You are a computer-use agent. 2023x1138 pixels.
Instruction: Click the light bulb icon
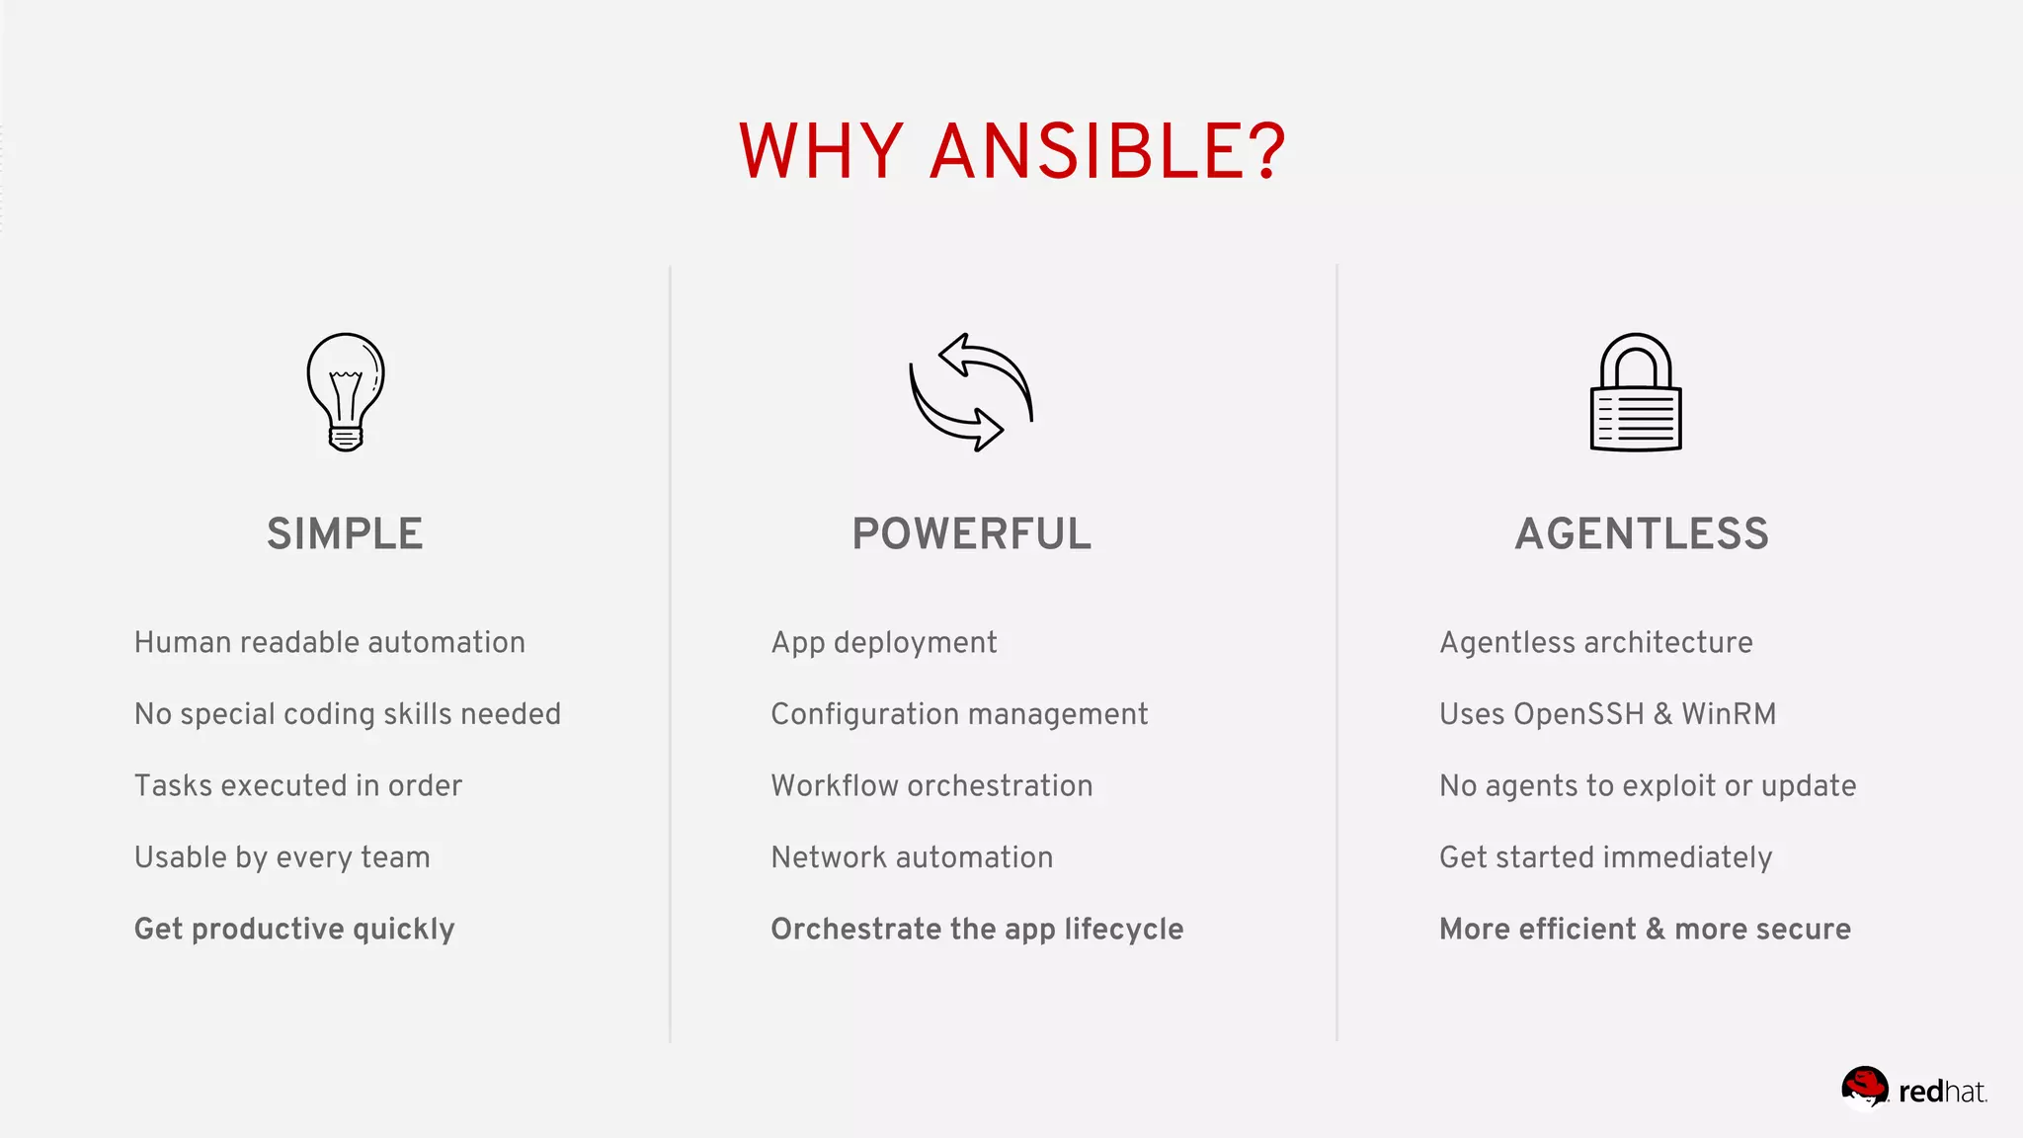click(x=345, y=391)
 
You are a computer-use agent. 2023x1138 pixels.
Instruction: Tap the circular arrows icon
click(x=970, y=392)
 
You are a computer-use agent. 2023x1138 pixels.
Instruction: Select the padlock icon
click(x=1636, y=393)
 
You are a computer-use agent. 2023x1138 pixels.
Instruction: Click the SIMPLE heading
click(x=345, y=533)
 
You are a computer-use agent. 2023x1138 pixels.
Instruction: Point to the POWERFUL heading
click(x=972, y=533)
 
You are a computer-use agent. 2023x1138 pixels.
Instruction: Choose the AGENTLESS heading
click(x=1642, y=533)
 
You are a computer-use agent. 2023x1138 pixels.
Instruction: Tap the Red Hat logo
click(x=1912, y=1090)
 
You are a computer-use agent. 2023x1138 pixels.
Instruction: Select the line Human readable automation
click(x=329, y=642)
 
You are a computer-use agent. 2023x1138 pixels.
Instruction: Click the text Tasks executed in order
click(x=297, y=785)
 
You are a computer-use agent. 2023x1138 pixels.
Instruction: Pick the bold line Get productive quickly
click(x=294, y=929)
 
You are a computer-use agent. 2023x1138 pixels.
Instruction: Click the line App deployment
click(x=884, y=642)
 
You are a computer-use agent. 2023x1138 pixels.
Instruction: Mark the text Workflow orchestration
click(x=931, y=785)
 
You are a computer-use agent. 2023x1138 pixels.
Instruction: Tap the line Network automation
click(x=912, y=857)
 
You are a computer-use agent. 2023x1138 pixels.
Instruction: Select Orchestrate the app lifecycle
click(x=977, y=929)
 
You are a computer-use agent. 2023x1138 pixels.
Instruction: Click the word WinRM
click(x=1729, y=714)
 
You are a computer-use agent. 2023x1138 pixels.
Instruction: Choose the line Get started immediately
click(x=1605, y=857)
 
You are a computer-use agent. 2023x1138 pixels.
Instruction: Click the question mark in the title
click(x=1265, y=151)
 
